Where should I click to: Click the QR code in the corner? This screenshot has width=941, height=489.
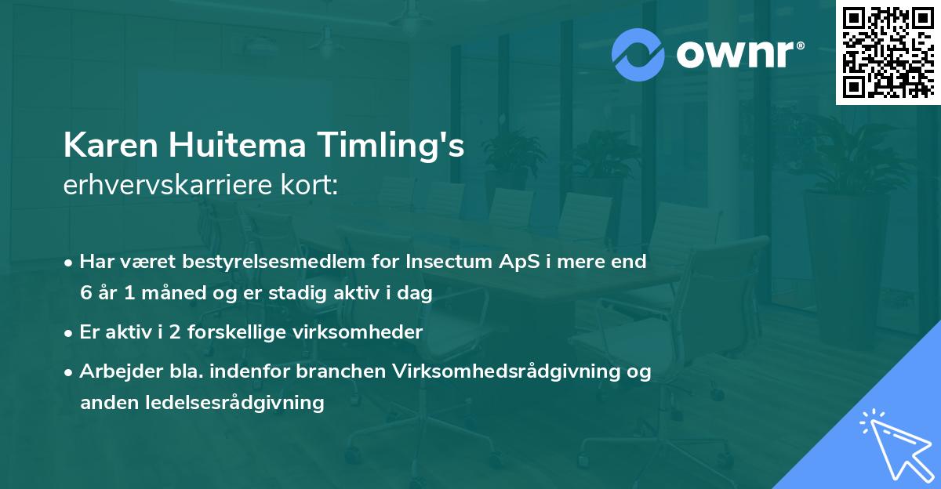pyautogui.click(x=888, y=53)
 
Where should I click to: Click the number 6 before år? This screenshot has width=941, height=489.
pyautogui.click(x=85, y=293)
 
